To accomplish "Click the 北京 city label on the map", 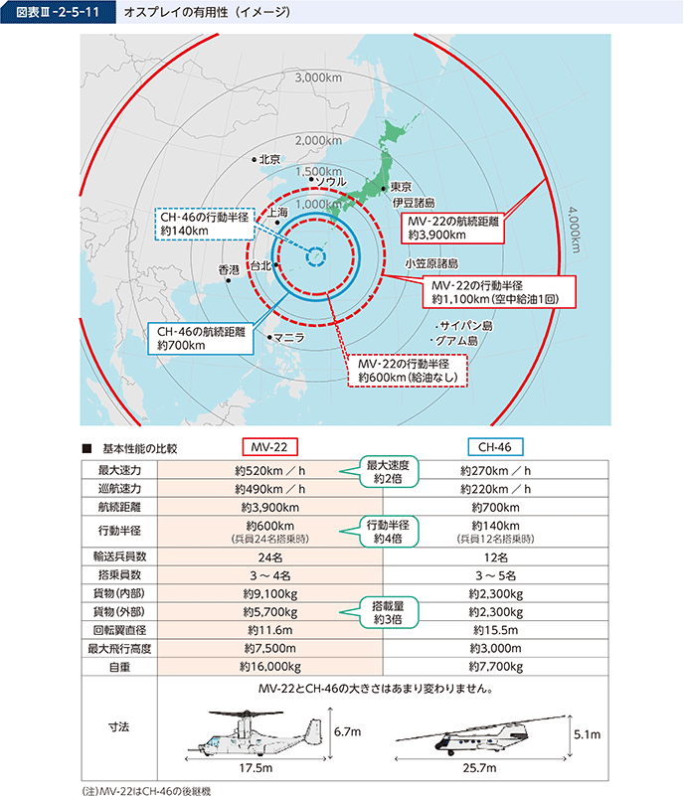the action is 269,159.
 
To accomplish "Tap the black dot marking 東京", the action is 384,189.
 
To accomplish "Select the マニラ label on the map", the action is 289,338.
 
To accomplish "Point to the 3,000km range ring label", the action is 318,78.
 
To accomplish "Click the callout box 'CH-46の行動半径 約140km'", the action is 204,224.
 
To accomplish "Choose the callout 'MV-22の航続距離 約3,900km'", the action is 453,228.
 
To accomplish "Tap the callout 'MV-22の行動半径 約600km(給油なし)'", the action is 408,371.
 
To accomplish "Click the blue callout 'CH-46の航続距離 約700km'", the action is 201,339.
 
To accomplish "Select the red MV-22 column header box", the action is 269,447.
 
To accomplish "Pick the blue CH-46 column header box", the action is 495,447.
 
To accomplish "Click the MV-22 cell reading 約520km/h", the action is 269,471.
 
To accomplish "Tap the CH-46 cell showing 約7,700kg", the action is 496,667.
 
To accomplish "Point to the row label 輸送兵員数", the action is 119,557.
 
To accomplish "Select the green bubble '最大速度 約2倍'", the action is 389,472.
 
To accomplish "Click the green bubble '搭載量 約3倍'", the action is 389,613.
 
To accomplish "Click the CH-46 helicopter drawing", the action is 480,735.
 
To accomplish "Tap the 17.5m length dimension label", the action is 256,768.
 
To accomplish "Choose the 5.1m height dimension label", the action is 587,734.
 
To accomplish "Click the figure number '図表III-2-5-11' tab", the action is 58,12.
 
